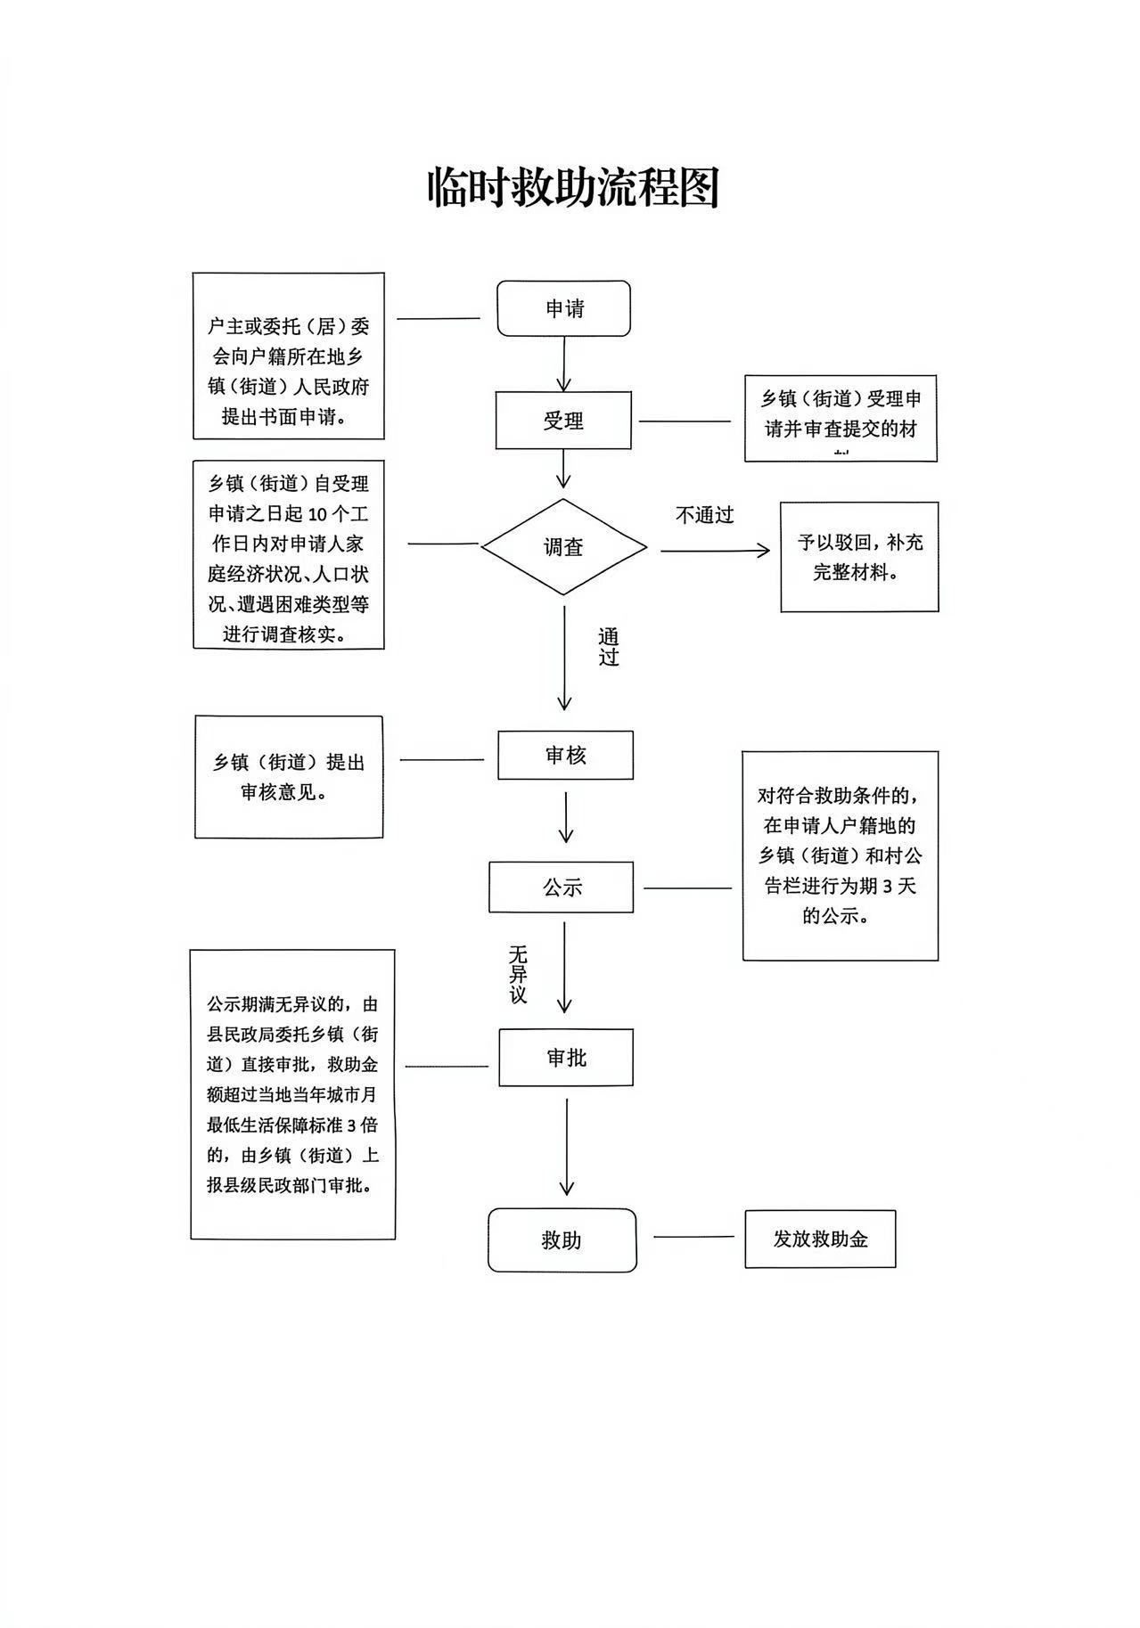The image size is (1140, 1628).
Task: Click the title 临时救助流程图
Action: click(572, 187)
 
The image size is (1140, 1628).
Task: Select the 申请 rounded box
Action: click(563, 308)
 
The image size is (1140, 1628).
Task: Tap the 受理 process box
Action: click(563, 421)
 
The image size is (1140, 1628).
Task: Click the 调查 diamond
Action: click(563, 547)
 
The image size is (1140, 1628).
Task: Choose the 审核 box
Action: click(565, 756)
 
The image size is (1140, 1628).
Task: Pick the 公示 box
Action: click(562, 888)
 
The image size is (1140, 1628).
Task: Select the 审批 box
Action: click(566, 1058)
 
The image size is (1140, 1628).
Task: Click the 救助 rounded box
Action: click(562, 1239)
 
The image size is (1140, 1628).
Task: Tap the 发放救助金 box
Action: click(820, 1239)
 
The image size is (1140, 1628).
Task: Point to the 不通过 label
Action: click(704, 515)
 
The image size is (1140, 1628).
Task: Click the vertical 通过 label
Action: click(608, 647)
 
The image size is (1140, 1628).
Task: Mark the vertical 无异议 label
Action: click(518, 975)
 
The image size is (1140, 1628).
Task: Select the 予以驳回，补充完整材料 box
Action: click(859, 557)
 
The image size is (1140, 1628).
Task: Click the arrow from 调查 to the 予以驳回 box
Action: click(715, 551)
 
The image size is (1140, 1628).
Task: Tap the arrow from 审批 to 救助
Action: click(567, 1146)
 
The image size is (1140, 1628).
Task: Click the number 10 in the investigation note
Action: click(319, 514)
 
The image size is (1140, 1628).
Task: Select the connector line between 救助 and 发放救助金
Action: click(693, 1237)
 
